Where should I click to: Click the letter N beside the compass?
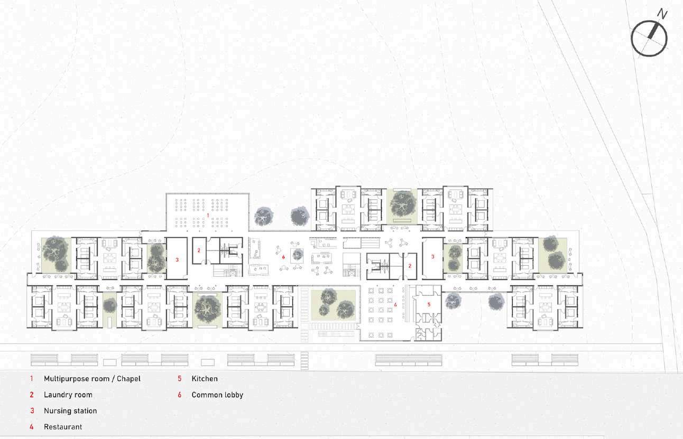(662, 14)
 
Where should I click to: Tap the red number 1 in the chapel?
(208, 216)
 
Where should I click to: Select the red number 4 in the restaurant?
(395, 305)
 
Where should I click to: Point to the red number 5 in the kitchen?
(429, 304)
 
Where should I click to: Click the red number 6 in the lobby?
(283, 257)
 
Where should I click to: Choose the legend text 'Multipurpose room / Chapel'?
(92, 379)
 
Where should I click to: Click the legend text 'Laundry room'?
(68, 395)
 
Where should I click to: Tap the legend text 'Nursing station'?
(70, 410)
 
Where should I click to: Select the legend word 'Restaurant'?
(63, 427)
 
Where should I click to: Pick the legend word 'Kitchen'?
(205, 379)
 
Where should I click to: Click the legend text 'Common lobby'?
(217, 395)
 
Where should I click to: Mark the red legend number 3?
(32, 410)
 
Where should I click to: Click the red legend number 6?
(180, 395)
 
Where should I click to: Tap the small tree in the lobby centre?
(297, 255)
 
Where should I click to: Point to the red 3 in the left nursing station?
(177, 260)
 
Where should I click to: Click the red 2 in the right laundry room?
(410, 266)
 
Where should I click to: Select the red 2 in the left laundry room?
(199, 250)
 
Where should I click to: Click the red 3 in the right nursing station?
(432, 257)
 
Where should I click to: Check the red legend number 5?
(180, 379)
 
